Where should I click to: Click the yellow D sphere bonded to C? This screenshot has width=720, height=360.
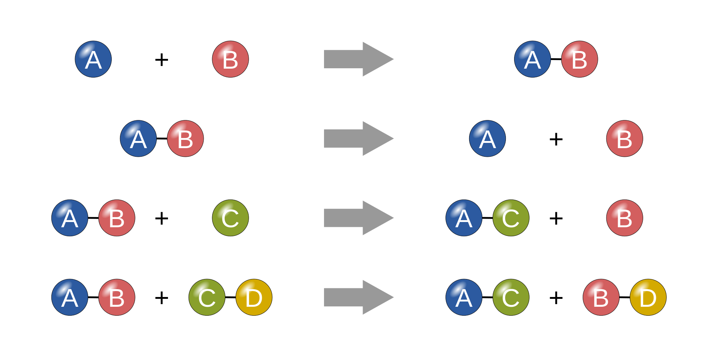pos(254,297)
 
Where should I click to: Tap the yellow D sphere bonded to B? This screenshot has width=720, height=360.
pos(648,297)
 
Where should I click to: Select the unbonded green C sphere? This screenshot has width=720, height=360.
pos(230,218)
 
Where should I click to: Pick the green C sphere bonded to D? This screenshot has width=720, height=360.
pos(207,297)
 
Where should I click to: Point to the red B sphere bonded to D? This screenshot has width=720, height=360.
pos(601,297)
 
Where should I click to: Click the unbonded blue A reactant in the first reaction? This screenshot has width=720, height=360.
pos(93,59)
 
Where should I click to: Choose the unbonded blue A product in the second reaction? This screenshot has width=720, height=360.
pos(487,138)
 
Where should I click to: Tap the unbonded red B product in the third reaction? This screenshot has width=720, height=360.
pos(625,218)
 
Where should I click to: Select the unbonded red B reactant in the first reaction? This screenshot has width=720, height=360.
pos(230,59)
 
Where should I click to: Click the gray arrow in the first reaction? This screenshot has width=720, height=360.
pos(358,59)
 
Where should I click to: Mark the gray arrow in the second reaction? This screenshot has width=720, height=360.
pos(358,138)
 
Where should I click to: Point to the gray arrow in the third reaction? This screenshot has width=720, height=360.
pos(358,218)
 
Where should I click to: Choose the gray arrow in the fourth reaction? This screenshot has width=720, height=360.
pos(358,297)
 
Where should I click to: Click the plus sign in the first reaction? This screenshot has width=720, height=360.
pos(162,60)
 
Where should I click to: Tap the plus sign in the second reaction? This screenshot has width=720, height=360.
pos(556,139)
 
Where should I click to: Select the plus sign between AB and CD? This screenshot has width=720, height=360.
pos(162,298)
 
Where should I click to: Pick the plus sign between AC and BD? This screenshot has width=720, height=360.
pos(556,298)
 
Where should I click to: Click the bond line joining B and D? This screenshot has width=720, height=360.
pos(625,297)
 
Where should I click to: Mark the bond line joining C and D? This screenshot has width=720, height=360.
pos(230,297)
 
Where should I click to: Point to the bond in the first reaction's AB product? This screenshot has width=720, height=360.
pos(556,59)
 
